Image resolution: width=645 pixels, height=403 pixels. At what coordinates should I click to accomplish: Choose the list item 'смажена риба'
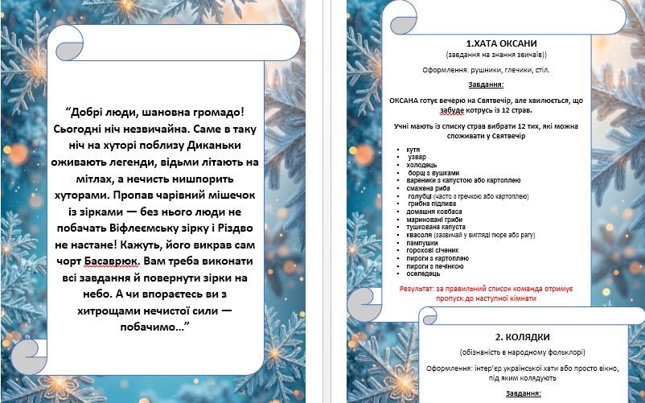(428, 188)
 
